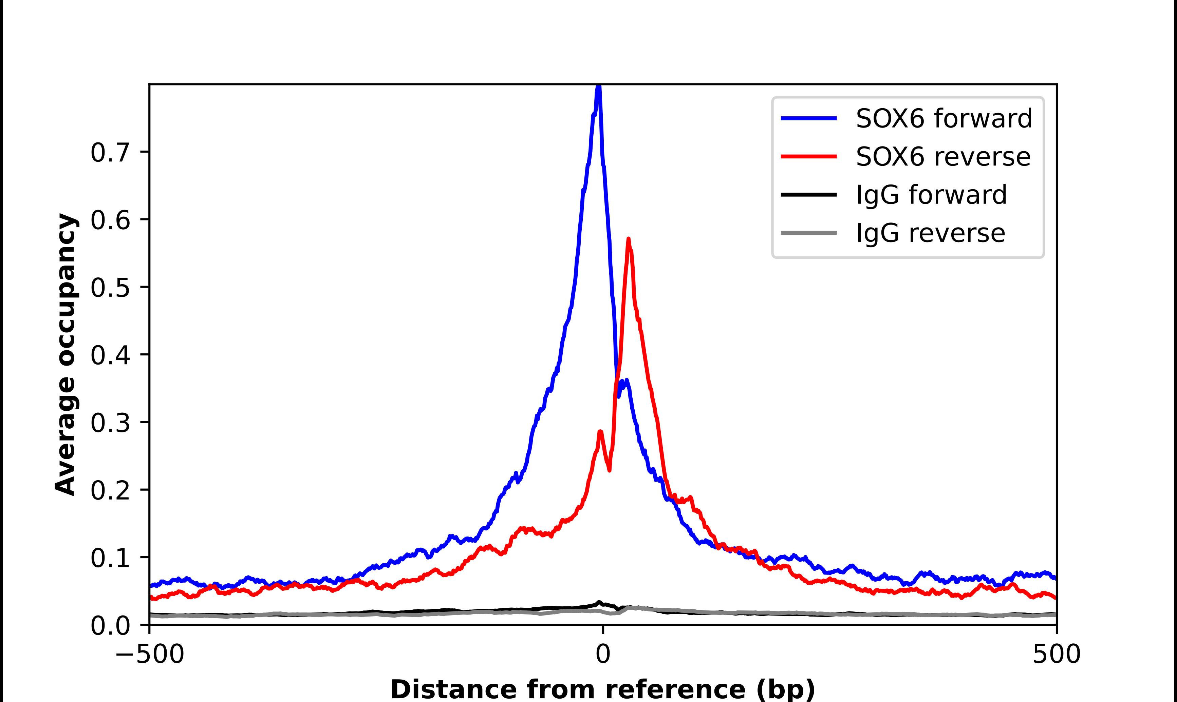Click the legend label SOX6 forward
pyautogui.click(x=944, y=118)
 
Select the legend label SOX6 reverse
pyautogui.click(x=943, y=157)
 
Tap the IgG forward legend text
pyautogui.click(x=931, y=195)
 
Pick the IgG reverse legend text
pyautogui.click(x=930, y=233)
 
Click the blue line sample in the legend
pyautogui.click(x=808, y=118)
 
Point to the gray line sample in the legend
pyautogui.click(x=808, y=233)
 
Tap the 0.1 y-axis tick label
pyautogui.click(x=110, y=558)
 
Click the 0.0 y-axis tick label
pyautogui.click(x=110, y=626)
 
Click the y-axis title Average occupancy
pyautogui.click(x=65, y=354)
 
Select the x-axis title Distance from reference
pyautogui.click(x=602, y=689)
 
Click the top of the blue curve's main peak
pyautogui.click(x=599, y=86)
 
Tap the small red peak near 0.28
pyautogui.click(x=600, y=431)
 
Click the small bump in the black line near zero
pyautogui.click(x=599, y=603)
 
